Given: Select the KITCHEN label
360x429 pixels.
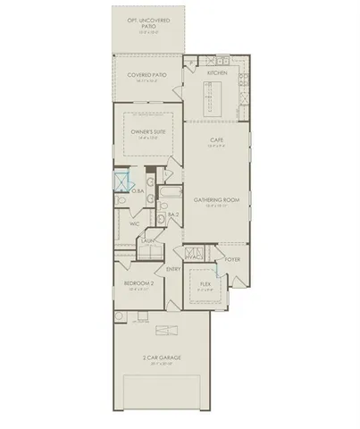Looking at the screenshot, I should (216, 72).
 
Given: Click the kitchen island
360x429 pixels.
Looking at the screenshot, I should (216, 91).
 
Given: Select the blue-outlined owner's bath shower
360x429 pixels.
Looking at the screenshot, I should (122, 183).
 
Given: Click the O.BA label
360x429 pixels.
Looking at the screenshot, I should (139, 190).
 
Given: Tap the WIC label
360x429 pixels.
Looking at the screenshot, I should (134, 223).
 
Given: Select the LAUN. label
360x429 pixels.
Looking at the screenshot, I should (148, 240).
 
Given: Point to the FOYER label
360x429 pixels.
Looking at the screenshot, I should (232, 259).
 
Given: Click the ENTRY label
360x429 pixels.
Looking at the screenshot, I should (172, 268).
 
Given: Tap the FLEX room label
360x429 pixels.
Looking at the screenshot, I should (205, 285).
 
